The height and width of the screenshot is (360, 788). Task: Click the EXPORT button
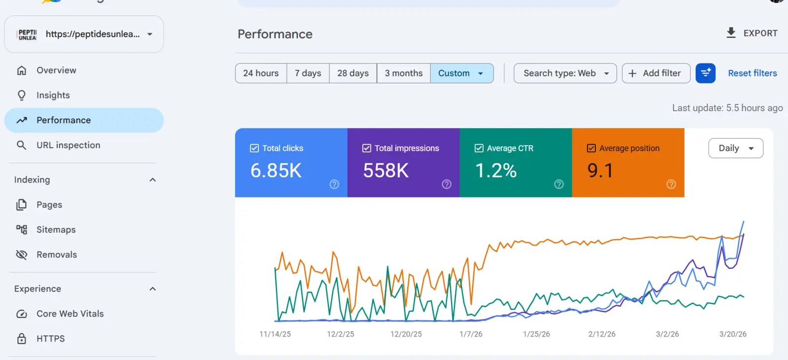(x=752, y=33)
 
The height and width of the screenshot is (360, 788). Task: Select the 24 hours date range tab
(x=261, y=73)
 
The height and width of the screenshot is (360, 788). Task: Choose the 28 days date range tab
(x=353, y=73)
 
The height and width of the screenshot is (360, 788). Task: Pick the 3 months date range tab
(x=403, y=73)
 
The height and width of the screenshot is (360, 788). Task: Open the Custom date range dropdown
(x=461, y=73)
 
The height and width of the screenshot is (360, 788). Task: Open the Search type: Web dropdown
(x=565, y=73)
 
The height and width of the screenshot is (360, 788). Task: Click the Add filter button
(x=656, y=73)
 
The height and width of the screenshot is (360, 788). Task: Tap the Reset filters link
(x=752, y=73)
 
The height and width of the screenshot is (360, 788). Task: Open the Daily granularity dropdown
(x=736, y=148)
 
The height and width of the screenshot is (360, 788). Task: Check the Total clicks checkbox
(x=254, y=148)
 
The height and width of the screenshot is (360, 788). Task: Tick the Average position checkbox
(x=591, y=148)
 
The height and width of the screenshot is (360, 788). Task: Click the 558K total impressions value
(x=386, y=171)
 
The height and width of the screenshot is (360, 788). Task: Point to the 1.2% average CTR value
(x=496, y=171)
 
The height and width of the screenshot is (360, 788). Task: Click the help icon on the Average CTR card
(x=558, y=184)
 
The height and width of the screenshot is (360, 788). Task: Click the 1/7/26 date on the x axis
(x=471, y=334)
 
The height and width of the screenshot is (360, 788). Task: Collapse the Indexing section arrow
(x=152, y=180)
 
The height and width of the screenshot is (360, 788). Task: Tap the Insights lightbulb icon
(x=22, y=96)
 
